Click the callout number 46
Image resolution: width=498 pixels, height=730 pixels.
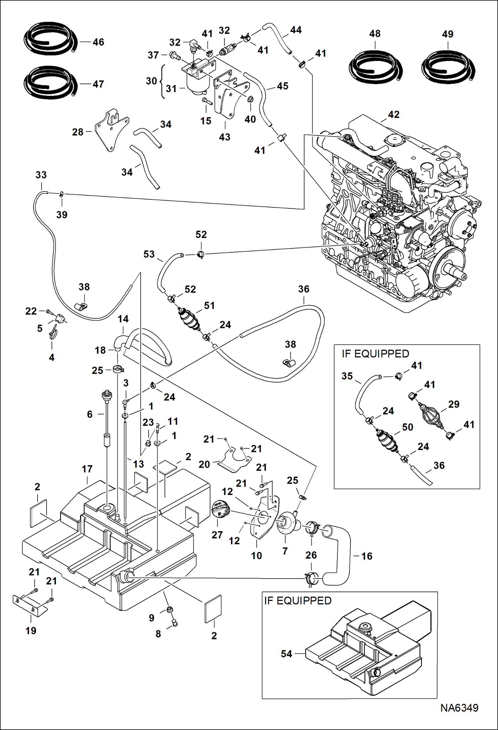coord(98,42)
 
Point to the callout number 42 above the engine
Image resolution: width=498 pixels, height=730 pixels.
coord(394,115)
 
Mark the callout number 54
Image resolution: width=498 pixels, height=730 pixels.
coord(286,654)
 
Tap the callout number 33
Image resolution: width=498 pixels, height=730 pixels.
coord(41,175)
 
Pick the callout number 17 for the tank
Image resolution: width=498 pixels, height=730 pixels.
coord(87,469)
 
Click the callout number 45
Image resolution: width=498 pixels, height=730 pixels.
coord(283,86)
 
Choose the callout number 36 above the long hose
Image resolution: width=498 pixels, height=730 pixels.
coord(304,289)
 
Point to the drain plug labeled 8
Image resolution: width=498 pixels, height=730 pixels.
coord(175,623)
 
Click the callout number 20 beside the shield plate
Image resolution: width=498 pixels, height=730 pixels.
coord(204,464)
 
